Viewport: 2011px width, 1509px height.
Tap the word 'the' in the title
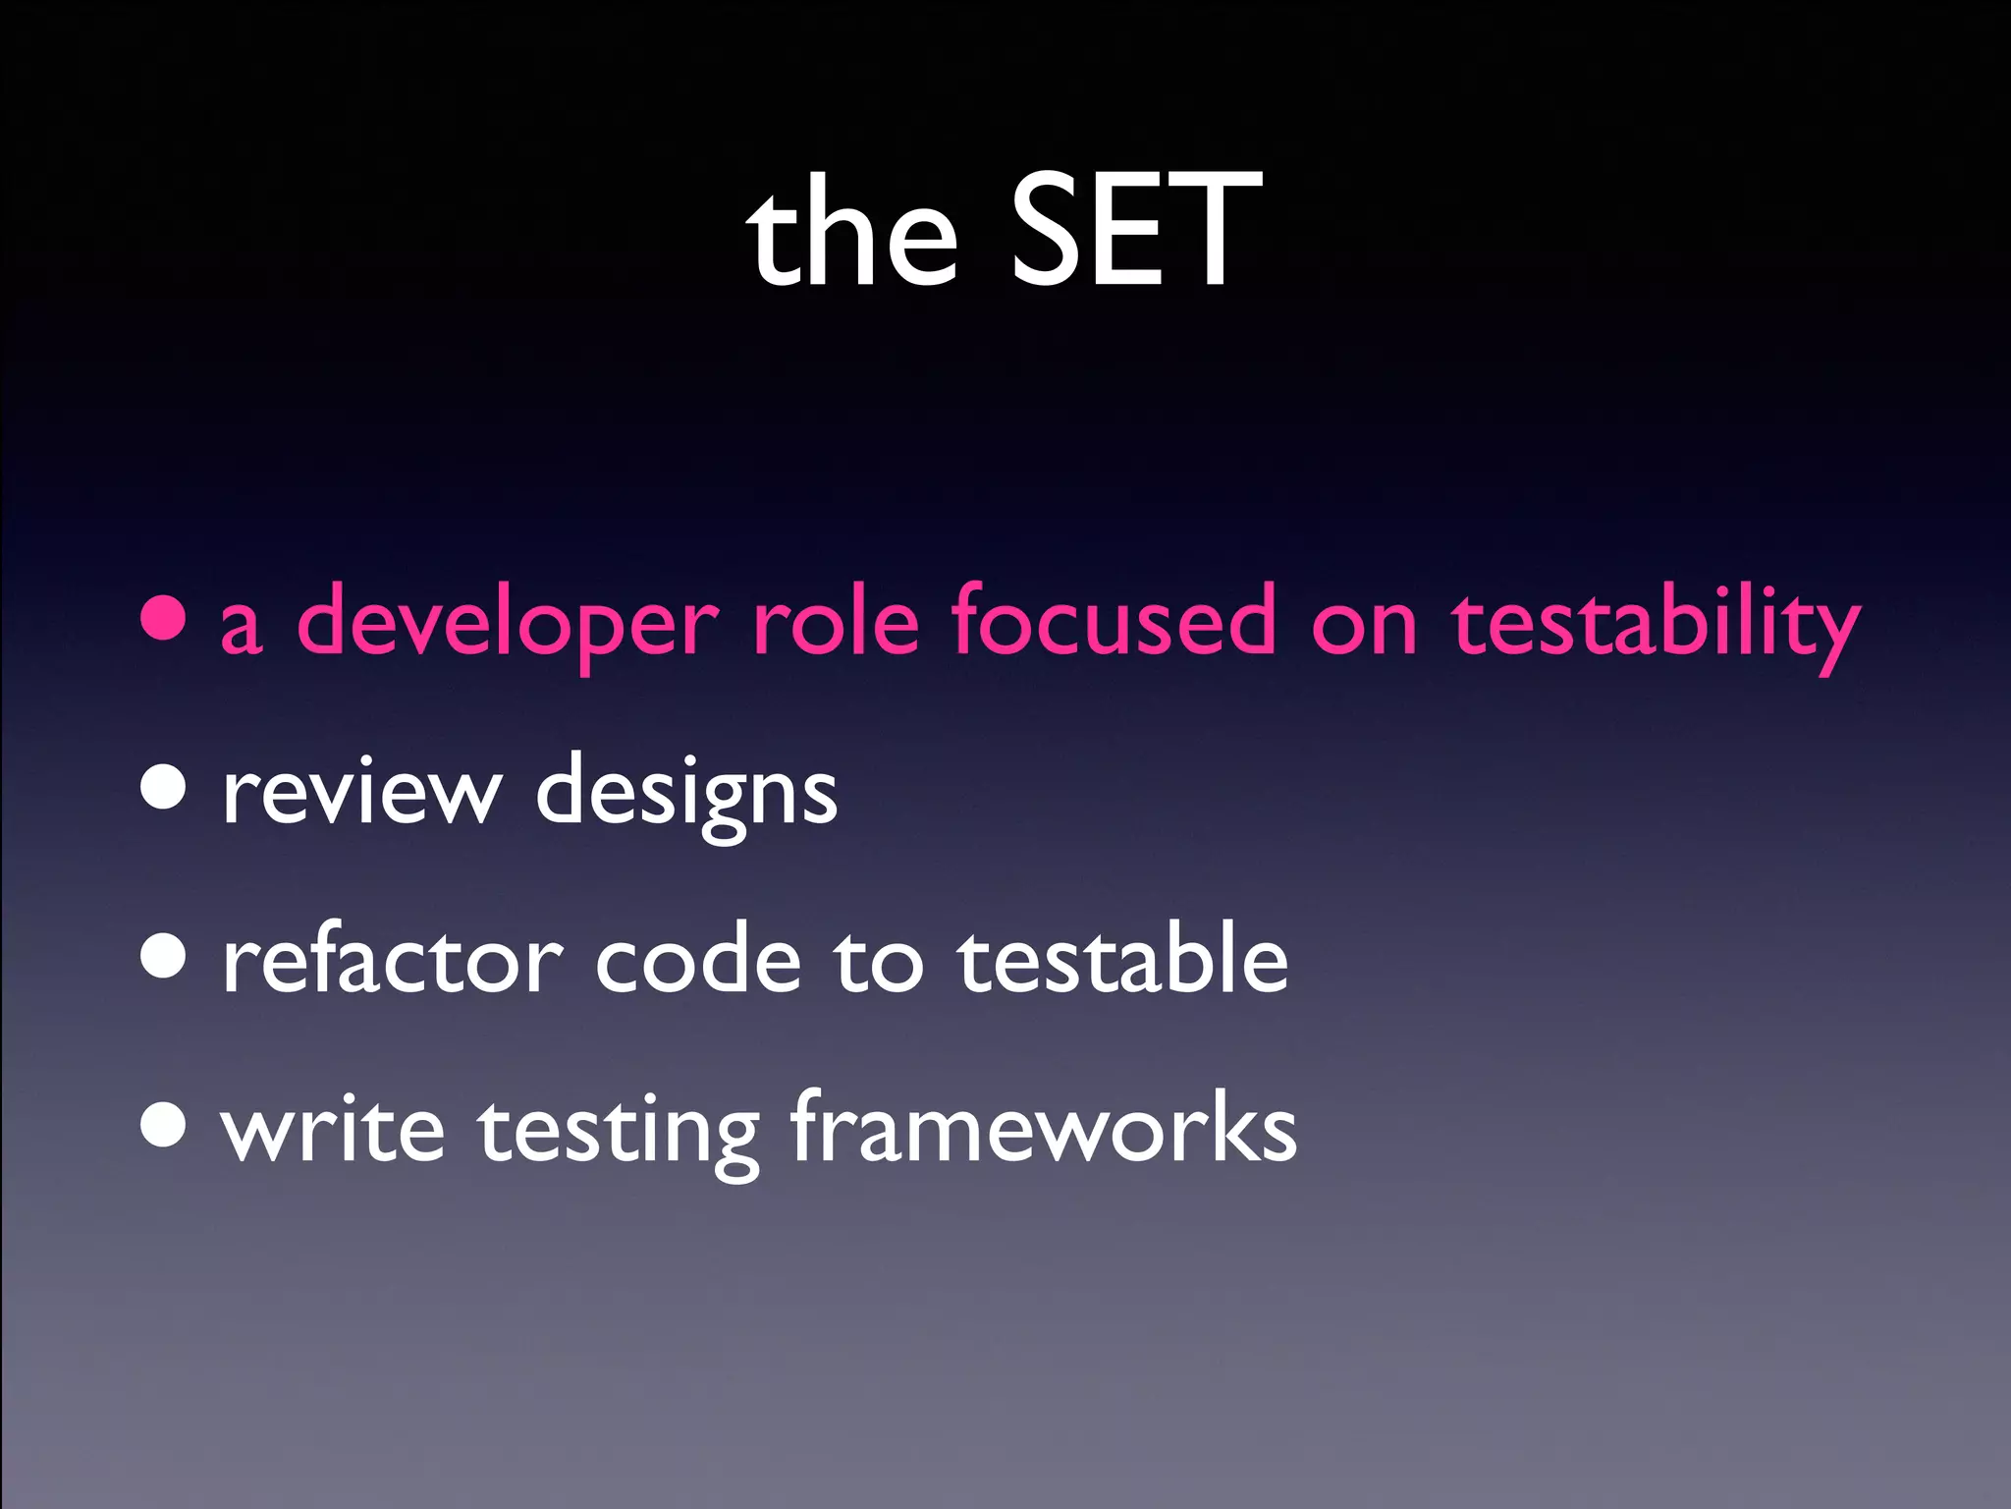point(851,236)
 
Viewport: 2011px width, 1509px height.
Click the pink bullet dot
point(163,618)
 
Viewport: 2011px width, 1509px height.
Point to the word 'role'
point(836,622)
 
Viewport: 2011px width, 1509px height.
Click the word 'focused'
point(1114,622)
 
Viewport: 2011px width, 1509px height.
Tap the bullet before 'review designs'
point(163,786)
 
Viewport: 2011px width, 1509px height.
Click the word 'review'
point(361,792)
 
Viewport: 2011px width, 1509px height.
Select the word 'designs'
point(686,794)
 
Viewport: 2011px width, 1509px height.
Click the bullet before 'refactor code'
point(163,955)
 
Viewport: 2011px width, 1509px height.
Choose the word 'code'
point(698,960)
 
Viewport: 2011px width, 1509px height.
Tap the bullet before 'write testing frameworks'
point(163,1124)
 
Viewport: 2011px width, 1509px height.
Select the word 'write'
point(333,1129)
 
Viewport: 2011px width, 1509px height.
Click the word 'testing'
point(619,1132)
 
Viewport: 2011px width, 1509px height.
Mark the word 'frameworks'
point(1043,1127)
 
